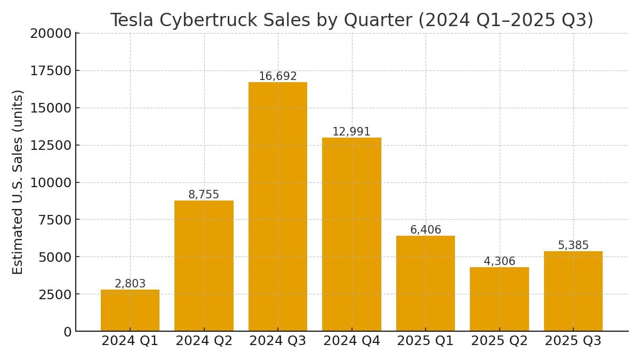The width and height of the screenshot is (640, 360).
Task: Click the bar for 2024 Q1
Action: (130, 310)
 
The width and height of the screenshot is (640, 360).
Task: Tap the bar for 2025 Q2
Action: (499, 299)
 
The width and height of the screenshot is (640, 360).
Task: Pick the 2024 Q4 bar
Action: (351, 235)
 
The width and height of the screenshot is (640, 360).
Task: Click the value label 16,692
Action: (277, 76)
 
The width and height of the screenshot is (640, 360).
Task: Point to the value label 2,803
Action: (130, 284)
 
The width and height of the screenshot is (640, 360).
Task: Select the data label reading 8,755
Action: (204, 195)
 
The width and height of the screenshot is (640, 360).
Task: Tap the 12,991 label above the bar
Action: (351, 132)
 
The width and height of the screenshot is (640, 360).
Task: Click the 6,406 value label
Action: (426, 230)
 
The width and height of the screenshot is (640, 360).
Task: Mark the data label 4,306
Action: (499, 261)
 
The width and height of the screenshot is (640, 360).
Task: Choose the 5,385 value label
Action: (573, 245)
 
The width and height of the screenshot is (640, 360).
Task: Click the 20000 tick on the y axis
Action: (51, 34)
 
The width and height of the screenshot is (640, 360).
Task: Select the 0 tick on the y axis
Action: (67, 332)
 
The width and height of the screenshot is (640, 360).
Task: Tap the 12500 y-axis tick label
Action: (51, 146)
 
